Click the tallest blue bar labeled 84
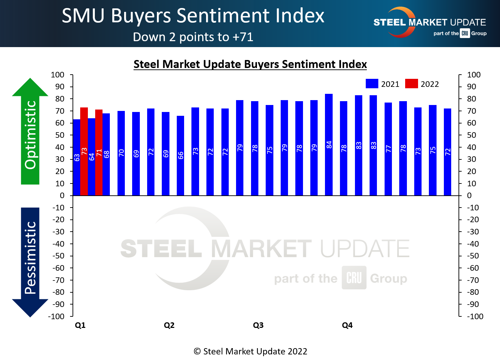tap(329, 145)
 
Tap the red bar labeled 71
tap(99, 152)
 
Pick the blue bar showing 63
tap(77, 158)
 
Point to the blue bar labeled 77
tap(388, 149)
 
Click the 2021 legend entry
tap(382, 84)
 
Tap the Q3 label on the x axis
tap(258, 325)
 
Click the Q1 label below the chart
tap(80, 325)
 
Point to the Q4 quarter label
tap(347, 325)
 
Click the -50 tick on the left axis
tap(58, 256)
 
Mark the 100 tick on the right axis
tap(474, 75)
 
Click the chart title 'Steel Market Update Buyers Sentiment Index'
tap(250, 64)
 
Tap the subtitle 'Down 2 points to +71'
tap(193, 37)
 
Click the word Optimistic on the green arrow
tap(31, 135)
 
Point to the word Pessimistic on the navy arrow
tap(31, 258)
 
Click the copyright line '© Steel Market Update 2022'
tap(250, 351)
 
